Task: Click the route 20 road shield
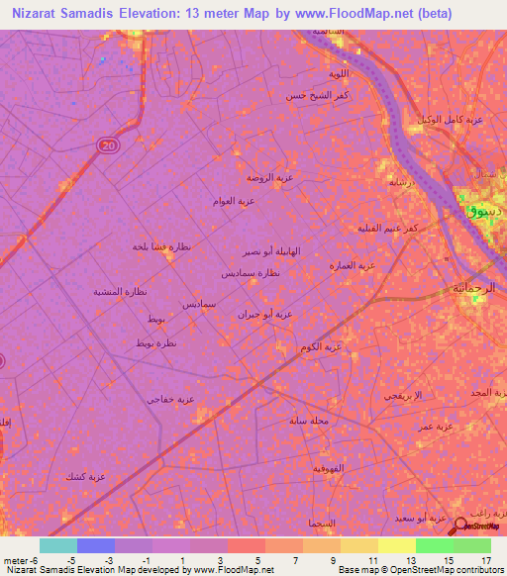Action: pos(106,145)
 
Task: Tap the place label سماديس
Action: pos(199,304)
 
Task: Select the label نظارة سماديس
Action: pos(259,272)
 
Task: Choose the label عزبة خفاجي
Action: pos(171,399)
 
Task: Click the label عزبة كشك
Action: pos(85,476)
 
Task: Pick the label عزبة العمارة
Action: pos(353,265)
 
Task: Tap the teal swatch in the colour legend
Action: pos(58,544)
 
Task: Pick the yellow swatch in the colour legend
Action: pos(396,544)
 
